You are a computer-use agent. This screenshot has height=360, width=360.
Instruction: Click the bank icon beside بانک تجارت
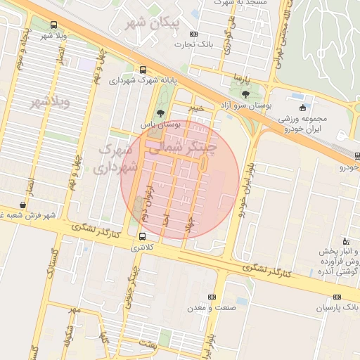coord(194,34)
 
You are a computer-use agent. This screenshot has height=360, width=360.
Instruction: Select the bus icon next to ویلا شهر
coord(54,25)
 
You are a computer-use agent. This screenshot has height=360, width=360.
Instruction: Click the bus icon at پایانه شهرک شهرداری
coord(143,70)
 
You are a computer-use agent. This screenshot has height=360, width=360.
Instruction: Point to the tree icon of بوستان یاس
coord(161,112)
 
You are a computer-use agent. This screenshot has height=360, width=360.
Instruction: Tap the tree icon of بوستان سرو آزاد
coord(245,94)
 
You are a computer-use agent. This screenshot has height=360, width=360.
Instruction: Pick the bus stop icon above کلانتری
coord(143,236)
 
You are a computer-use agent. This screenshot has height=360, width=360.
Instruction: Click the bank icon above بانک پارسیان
coord(337,297)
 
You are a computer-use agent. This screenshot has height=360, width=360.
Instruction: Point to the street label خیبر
coord(195,108)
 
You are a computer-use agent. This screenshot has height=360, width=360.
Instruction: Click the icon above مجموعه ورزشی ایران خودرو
coord(303,108)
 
